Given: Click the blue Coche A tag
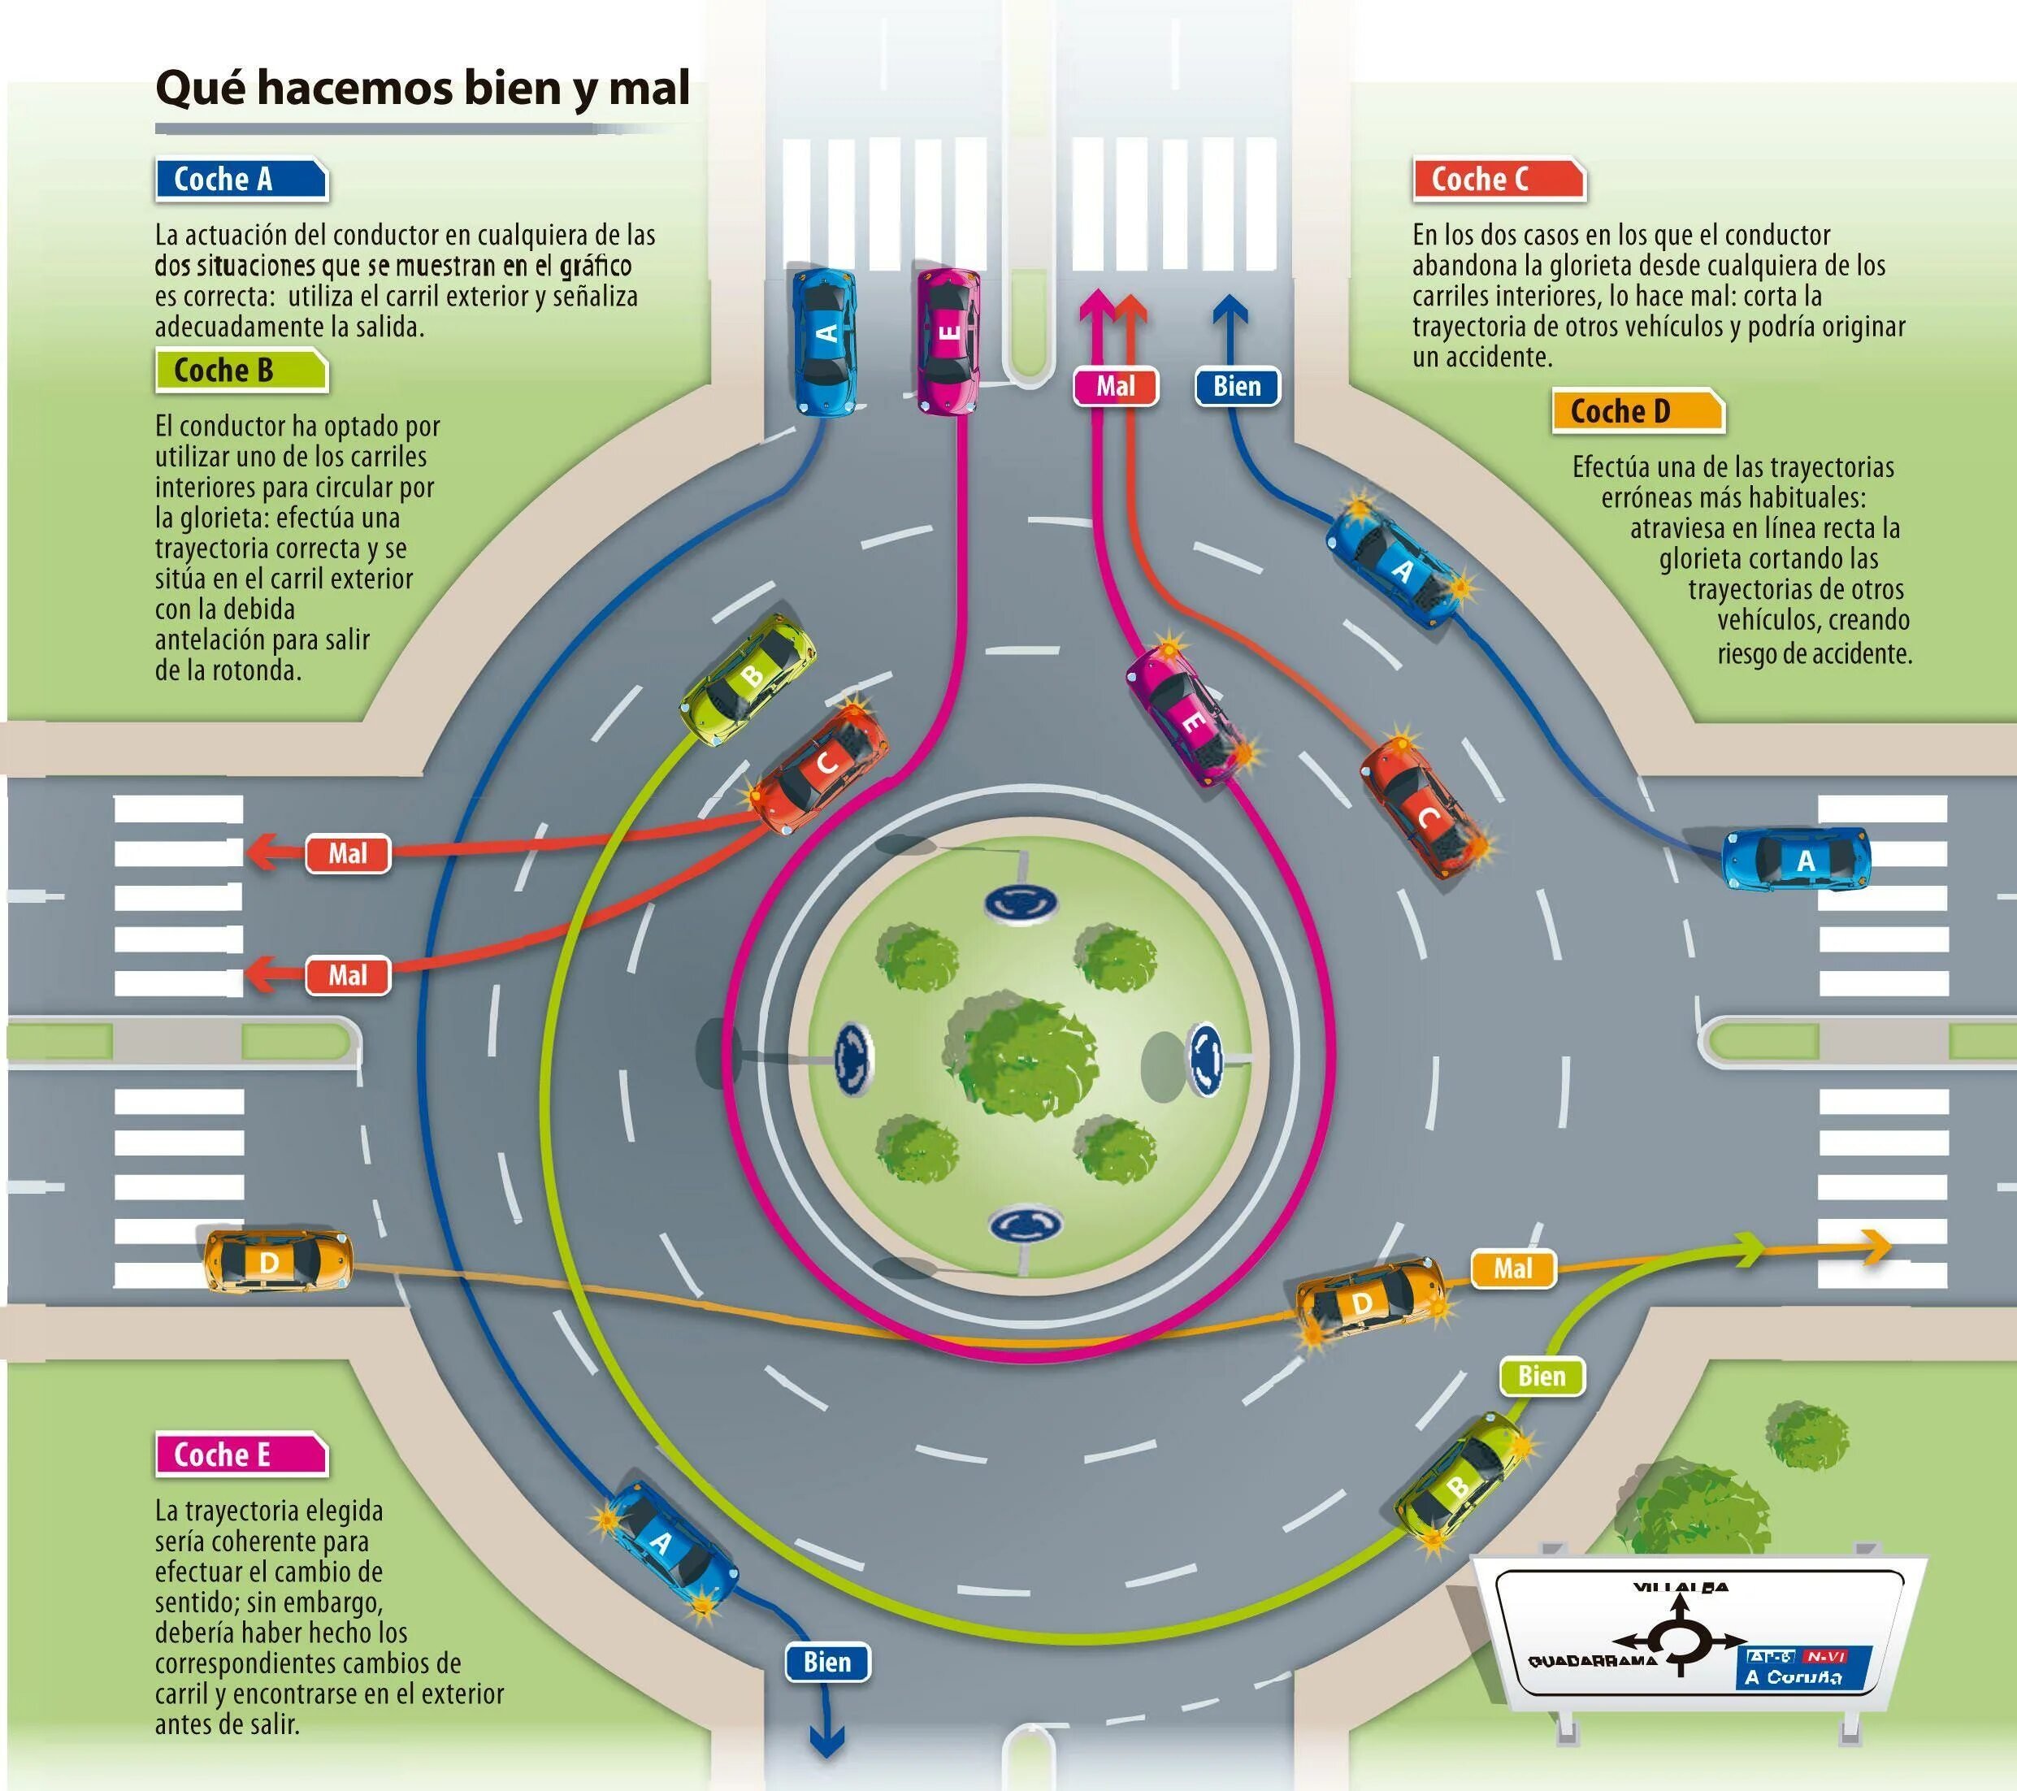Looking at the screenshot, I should point(240,180).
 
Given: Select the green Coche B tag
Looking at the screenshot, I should point(240,371).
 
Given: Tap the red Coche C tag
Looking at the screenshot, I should point(1497,180).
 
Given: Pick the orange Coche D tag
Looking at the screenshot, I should point(1636,411).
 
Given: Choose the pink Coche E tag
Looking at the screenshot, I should point(240,1455).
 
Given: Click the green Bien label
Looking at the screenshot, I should point(1541,1376).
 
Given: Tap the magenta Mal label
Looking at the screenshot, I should point(1115,387).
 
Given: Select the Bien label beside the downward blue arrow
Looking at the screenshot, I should point(827,1662).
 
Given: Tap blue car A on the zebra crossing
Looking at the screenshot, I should point(1797,860).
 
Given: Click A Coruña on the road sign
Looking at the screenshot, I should point(1792,1676).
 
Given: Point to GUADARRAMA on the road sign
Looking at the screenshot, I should point(1578,1662).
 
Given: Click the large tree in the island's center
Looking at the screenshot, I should point(1022,1058).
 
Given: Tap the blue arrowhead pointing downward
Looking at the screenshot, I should point(827,1744).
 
